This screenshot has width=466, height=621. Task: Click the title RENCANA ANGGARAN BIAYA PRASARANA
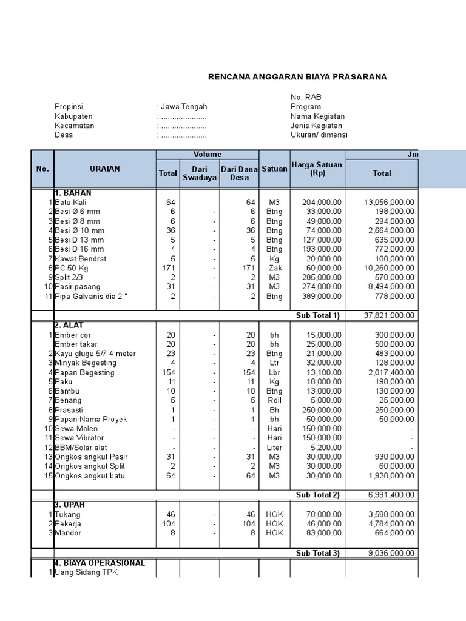(x=297, y=77)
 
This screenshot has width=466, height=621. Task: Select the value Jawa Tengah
(x=184, y=107)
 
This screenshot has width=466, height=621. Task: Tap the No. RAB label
(x=306, y=97)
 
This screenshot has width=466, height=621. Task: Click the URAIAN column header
(x=105, y=169)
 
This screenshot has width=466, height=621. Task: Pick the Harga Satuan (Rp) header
(x=317, y=169)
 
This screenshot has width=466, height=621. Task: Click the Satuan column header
(x=274, y=169)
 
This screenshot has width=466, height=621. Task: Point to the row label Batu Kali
(x=71, y=202)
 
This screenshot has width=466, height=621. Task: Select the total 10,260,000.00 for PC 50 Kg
(x=389, y=268)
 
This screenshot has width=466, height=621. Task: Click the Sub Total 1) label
(x=317, y=315)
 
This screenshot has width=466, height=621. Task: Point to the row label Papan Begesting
(x=84, y=372)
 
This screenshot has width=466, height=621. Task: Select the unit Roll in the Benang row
(x=274, y=400)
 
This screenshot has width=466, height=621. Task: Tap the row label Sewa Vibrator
(x=79, y=438)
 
